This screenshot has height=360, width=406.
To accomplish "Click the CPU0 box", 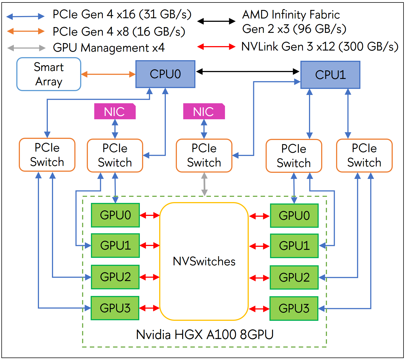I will (x=165, y=74).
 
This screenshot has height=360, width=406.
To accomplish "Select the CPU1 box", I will (x=330, y=75).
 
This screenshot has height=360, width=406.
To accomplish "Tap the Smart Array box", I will (x=49, y=74).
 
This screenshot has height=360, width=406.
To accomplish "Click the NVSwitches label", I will (x=204, y=261).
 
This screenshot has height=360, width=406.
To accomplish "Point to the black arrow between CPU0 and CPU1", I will (x=248, y=72).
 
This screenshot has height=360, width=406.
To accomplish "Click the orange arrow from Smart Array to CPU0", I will (x=108, y=74).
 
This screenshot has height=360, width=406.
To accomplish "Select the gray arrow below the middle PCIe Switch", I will (x=204, y=184).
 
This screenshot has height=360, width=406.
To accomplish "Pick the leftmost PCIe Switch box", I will (x=47, y=155).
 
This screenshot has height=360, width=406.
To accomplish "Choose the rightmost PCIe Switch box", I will (x=364, y=155).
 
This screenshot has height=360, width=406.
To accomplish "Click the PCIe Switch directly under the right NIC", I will (x=204, y=155).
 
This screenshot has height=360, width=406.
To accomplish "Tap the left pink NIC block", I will (x=115, y=112).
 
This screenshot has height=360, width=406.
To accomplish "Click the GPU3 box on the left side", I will (x=115, y=308).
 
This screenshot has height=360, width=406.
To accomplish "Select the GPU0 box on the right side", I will (x=294, y=216).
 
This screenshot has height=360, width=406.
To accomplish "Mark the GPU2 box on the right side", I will (x=294, y=277).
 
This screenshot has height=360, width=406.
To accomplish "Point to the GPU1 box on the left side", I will (x=115, y=245).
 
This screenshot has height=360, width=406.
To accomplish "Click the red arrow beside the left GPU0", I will (x=150, y=215).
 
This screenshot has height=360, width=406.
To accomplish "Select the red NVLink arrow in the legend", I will (x=216, y=47).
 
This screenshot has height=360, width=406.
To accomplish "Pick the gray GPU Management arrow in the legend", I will (x=26, y=48).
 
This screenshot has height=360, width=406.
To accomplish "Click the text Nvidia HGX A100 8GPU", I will (x=205, y=335).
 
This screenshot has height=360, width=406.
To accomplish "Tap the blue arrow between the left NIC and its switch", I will (x=115, y=129).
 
